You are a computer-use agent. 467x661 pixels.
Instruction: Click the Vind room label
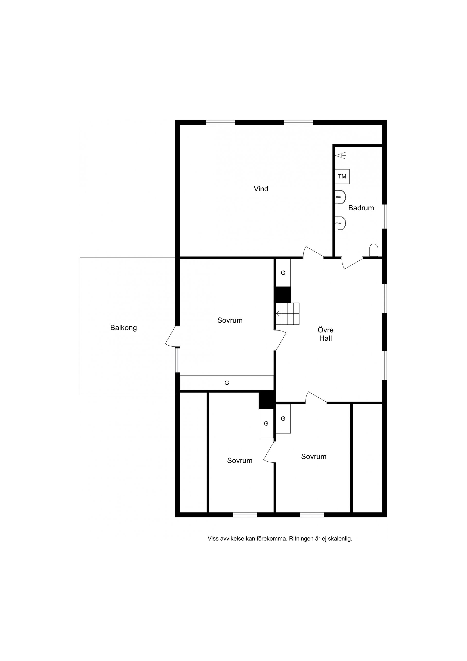coord(261,189)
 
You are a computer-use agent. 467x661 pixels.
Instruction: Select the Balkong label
coord(124,328)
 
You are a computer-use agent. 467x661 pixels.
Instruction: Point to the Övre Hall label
coord(325,334)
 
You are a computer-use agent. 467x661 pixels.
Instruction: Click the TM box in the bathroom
coord(342,176)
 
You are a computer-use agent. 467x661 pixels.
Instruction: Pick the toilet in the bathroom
coord(374,250)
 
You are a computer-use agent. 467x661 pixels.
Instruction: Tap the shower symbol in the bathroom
coord(341,156)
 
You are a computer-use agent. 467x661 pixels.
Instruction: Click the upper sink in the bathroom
coord(340,197)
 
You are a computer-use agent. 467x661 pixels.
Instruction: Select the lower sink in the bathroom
coord(340,223)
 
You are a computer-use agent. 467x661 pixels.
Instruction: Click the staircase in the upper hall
coord(288,313)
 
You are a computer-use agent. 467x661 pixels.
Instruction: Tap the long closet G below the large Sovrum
coord(226,383)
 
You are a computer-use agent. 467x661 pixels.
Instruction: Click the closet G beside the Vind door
coord(283,273)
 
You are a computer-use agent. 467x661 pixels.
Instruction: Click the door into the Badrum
coord(352,262)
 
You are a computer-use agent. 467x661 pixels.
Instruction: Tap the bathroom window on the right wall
coord(384,217)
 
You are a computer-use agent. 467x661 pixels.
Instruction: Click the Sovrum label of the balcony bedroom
coord(230,320)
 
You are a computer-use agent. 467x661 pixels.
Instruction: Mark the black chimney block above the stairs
coord(283,294)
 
